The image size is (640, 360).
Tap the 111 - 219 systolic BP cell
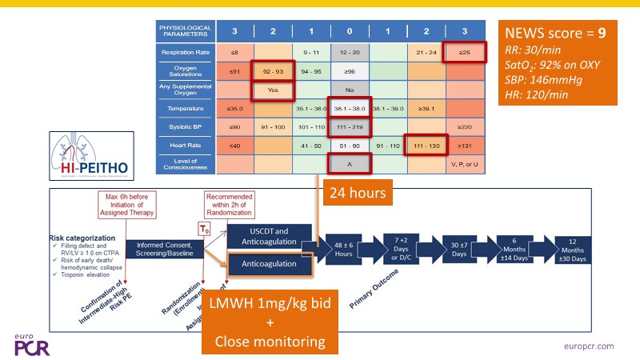coord(350,126)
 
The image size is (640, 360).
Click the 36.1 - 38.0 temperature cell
coord(350,109)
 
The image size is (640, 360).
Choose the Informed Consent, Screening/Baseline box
coord(164,248)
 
